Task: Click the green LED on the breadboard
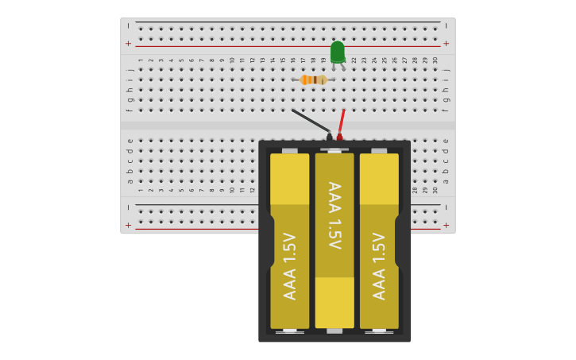click(338, 52)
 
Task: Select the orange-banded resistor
click(313, 79)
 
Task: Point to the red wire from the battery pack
click(342, 121)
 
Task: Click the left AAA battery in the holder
click(289, 241)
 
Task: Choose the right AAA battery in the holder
click(379, 241)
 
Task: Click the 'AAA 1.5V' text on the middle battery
click(334, 215)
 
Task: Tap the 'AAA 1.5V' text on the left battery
click(290, 266)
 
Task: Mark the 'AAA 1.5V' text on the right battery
click(379, 266)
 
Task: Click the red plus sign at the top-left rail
click(128, 43)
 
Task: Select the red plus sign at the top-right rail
click(446, 43)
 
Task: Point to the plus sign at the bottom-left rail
click(128, 225)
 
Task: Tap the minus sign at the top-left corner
click(128, 25)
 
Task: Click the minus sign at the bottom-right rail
click(446, 207)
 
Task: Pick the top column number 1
click(141, 60)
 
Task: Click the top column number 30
click(435, 60)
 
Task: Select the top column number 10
click(232, 60)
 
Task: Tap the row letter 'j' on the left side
click(130, 70)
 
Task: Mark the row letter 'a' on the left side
click(130, 181)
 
